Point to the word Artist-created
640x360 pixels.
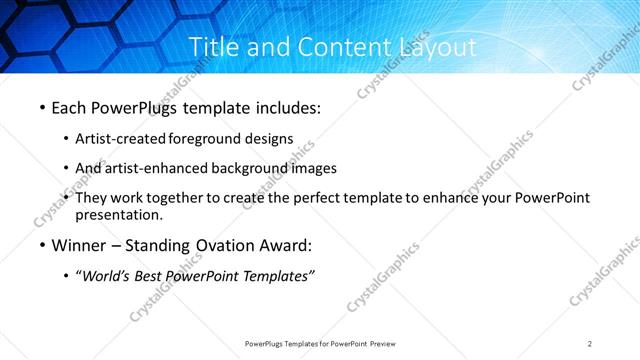121,138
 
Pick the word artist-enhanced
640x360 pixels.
155,168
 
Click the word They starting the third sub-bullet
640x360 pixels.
92,198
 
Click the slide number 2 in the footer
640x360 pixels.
590,344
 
